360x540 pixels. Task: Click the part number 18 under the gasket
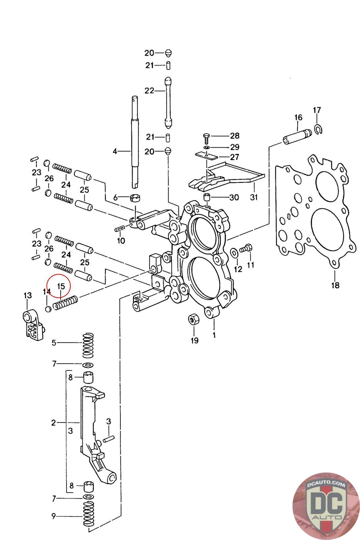tap(335, 286)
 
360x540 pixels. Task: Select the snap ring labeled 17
tap(318, 129)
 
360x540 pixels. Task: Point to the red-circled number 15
tap(61, 287)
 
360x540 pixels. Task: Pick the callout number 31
tap(254, 197)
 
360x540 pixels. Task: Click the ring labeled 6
tap(136, 198)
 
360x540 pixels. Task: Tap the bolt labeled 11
tap(247, 248)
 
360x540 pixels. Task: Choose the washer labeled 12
tap(233, 252)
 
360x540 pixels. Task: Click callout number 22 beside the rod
tap(149, 90)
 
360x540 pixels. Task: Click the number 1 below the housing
tap(214, 335)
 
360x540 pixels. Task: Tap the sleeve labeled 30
tap(206, 197)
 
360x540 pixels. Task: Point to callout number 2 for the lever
tap(53, 422)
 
